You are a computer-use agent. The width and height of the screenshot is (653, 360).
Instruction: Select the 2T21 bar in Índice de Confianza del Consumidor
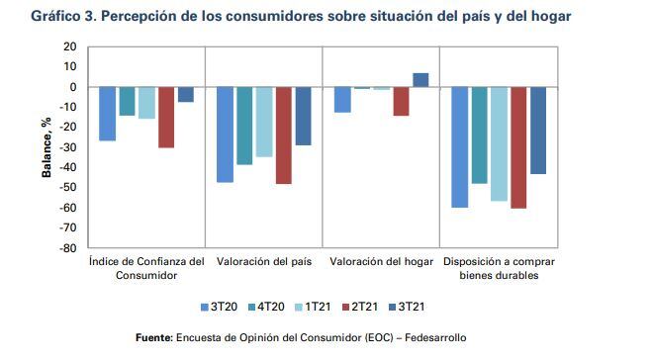click(166, 117)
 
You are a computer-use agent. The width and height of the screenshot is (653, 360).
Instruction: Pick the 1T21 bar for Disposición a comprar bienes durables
click(499, 143)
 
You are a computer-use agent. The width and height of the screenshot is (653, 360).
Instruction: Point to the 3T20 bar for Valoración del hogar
click(342, 99)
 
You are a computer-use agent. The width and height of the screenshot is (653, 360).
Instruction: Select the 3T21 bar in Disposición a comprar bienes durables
click(537, 131)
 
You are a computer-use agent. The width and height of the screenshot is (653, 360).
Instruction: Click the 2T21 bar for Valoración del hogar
click(401, 101)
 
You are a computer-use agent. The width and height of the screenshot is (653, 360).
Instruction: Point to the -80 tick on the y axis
click(68, 248)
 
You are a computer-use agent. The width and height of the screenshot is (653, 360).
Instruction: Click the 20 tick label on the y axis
click(70, 46)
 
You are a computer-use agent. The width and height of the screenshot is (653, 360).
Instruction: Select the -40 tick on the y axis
click(68, 167)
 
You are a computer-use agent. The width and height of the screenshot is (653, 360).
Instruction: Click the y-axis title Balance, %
click(46, 147)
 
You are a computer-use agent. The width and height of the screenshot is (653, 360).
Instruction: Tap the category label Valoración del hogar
click(381, 262)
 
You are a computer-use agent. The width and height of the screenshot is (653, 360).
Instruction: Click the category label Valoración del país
click(264, 262)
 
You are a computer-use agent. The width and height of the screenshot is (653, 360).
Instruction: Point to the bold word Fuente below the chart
click(154, 339)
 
